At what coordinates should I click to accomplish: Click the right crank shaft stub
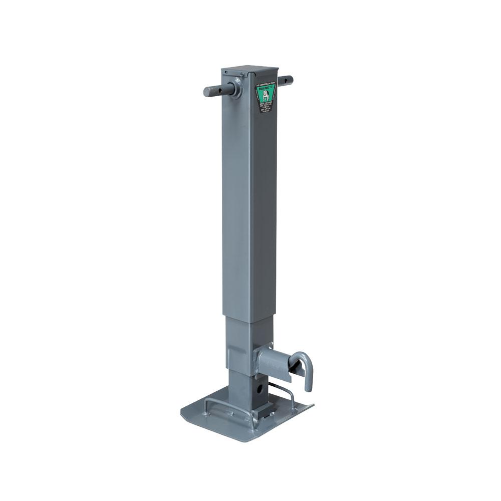point(287,79)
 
